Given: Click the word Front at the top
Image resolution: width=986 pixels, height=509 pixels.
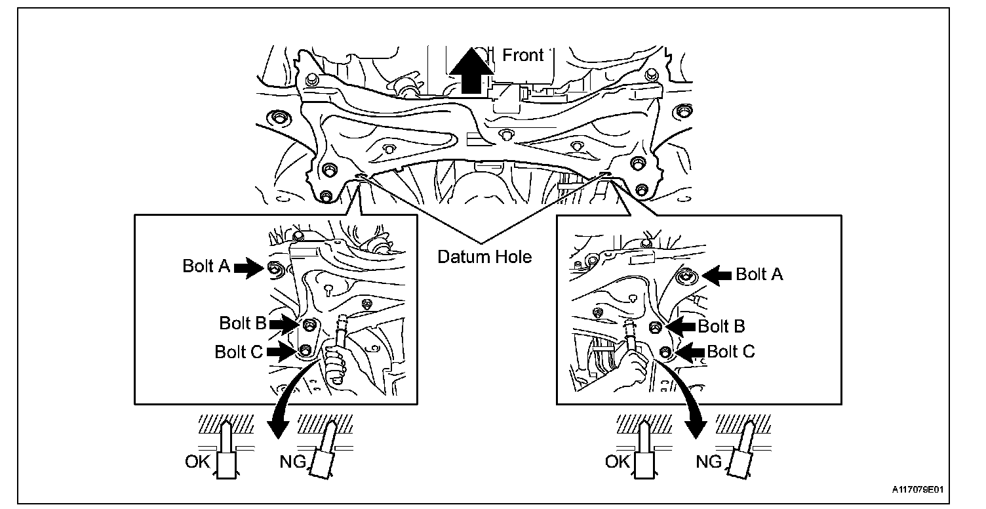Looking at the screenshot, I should [x=523, y=55].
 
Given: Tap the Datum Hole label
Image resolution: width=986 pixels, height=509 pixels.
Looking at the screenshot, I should [x=484, y=256].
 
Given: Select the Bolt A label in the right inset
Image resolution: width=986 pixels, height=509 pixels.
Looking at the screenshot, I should [x=759, y=274].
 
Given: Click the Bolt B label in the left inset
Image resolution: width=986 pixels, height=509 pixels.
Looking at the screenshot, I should [x=242, y=323].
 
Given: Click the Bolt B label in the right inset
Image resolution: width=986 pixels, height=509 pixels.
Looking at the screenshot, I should [x=721, y=326].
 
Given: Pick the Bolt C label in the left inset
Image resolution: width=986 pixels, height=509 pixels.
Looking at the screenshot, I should [x=239, y=352].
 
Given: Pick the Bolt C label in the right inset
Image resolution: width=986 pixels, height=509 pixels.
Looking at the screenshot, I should [x=731, y=352].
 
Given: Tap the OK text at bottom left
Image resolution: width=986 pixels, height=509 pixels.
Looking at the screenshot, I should [x=197, y=462].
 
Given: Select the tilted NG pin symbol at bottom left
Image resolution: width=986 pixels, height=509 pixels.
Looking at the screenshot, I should [x=323, y=453].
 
